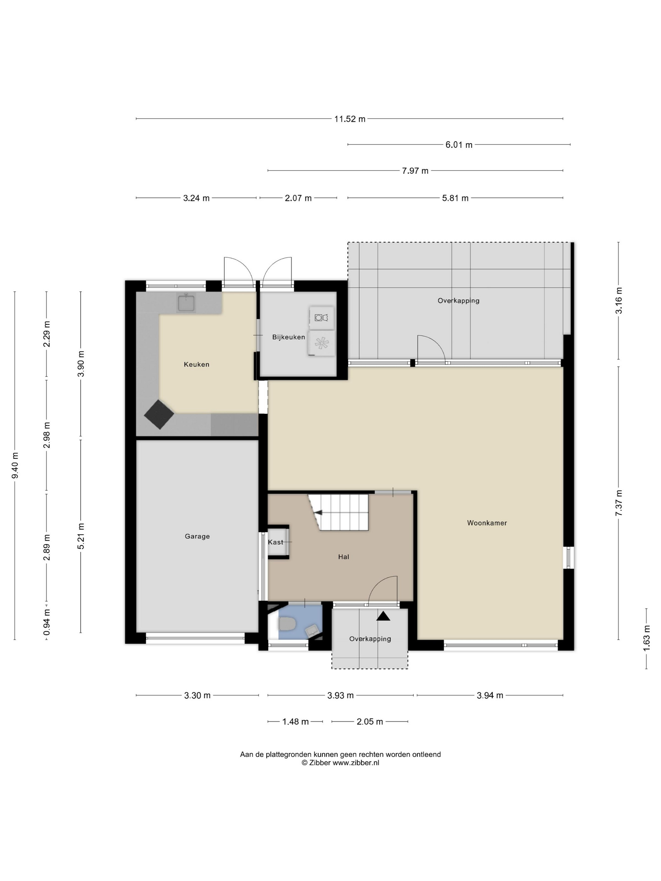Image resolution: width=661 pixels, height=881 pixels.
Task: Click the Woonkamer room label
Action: click(487, 523)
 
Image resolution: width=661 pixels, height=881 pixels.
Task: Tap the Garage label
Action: click(197, 536)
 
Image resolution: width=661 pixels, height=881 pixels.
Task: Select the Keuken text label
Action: click(196, 364)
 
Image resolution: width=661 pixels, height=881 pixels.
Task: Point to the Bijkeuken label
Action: click(288, 337)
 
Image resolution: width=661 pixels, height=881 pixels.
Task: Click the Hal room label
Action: click(343, 557)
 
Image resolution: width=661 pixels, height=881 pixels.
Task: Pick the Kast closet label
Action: click(275, 542)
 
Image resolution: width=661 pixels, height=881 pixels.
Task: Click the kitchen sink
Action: click(186, 303)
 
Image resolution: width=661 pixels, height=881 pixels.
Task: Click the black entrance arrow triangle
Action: click(384, 616)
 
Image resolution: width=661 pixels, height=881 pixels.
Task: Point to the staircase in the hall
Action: click(338, 513)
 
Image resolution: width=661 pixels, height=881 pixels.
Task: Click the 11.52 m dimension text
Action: click(350, 119)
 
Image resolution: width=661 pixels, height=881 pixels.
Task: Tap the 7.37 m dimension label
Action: click(619, 503)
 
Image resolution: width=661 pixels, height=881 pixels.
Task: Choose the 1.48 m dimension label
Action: click(296, 722)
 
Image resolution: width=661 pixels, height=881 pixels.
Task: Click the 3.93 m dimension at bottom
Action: click(341, 695)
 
